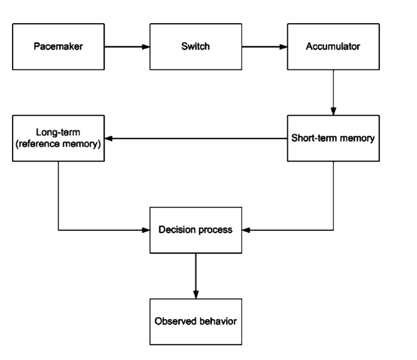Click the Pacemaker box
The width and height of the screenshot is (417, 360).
point(58,47)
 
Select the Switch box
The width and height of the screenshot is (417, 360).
point(195,47)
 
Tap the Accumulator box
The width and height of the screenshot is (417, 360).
point(333,47)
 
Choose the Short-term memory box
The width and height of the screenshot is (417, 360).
point(333,138)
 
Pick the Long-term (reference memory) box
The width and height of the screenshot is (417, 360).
point(58,138)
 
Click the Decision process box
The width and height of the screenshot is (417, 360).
point(195,230)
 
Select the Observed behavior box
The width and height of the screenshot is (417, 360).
point(195,322)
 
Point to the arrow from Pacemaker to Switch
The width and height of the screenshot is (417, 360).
point(127,47)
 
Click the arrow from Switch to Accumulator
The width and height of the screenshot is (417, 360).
point(264,47)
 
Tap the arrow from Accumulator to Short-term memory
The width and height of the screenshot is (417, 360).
point(333,92)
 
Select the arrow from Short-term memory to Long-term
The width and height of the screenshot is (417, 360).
point(196,139)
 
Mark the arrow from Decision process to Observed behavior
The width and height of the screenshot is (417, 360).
point(195,276)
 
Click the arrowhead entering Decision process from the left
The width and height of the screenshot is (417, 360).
point(145,230)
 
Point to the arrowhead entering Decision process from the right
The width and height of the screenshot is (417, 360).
point(245,230)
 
